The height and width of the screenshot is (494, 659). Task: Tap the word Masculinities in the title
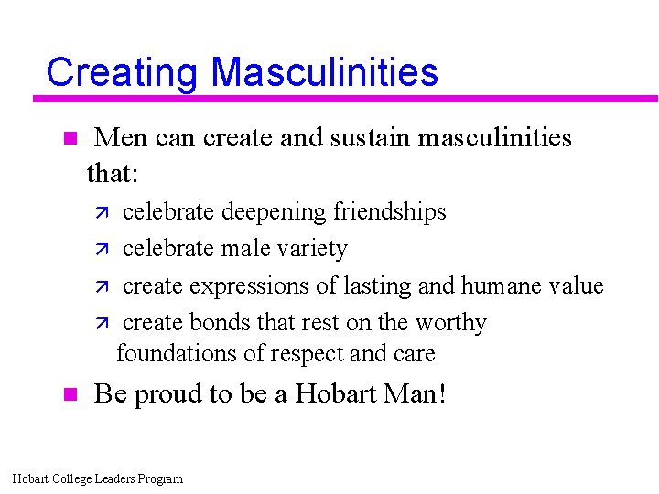coord(324,72)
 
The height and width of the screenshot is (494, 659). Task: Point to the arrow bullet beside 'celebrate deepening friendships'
coord(103,212)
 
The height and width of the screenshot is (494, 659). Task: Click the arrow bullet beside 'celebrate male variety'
coord(103,250)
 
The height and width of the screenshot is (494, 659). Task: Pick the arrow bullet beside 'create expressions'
coord(103,287)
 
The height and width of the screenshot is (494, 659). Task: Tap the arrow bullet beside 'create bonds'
coord(103,324)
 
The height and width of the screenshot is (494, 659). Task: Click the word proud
coord(167,394)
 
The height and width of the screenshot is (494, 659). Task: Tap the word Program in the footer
coord(159,478)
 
